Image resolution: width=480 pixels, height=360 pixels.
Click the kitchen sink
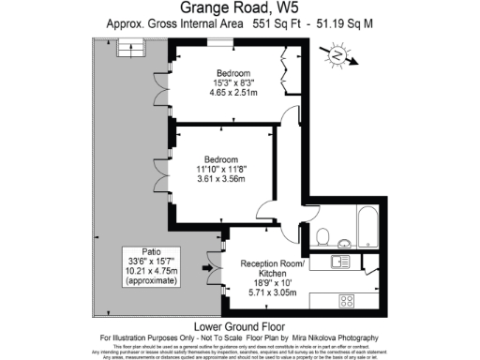(x=344, y=263)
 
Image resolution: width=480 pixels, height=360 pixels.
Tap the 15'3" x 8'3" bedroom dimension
(x=234, y=83)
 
